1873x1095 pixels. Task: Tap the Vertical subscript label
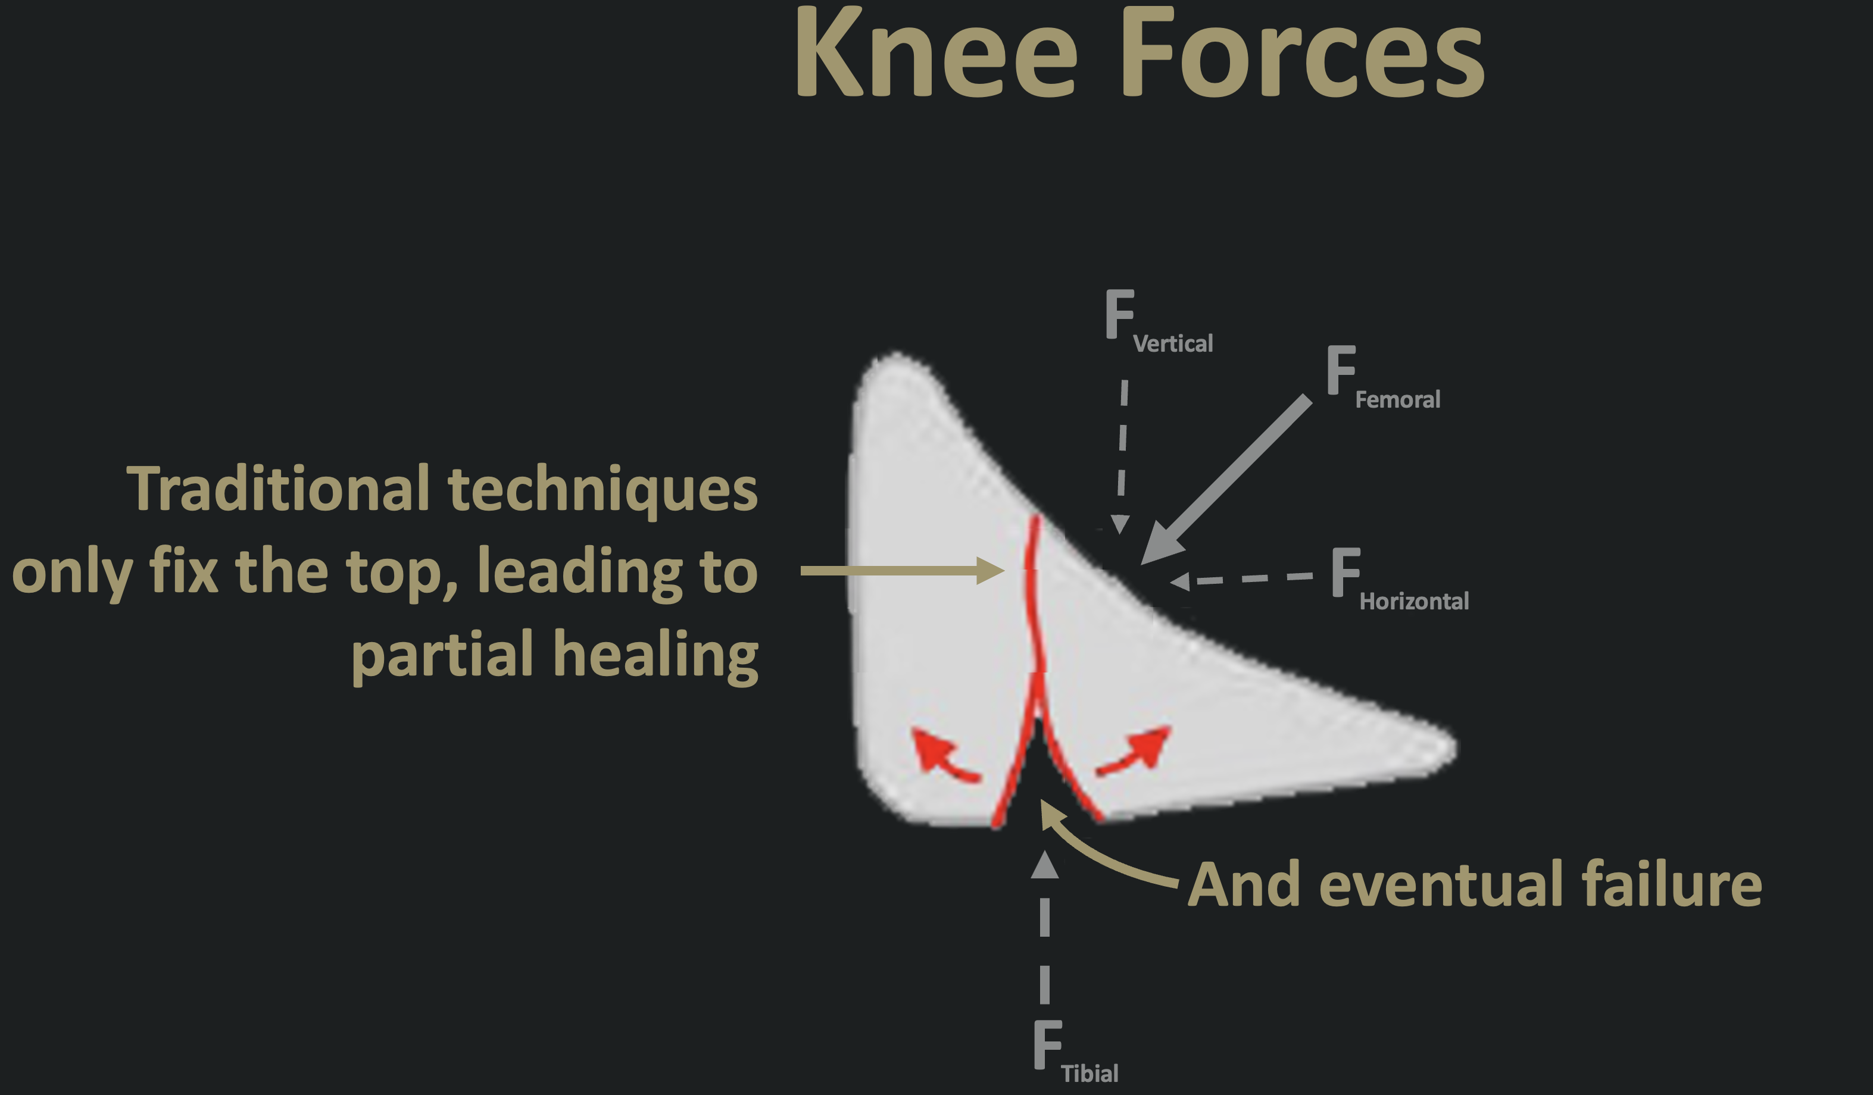[1173, 344]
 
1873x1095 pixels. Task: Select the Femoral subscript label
[1397, 400]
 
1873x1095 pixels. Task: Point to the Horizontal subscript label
[1413, 601]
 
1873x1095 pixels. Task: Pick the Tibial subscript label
[1089, 1074]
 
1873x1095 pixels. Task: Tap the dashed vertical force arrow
[1122, 457]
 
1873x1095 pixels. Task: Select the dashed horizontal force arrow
[1241, 580]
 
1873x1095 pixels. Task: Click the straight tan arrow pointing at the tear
[903, 571]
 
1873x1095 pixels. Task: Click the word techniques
[603, 491]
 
